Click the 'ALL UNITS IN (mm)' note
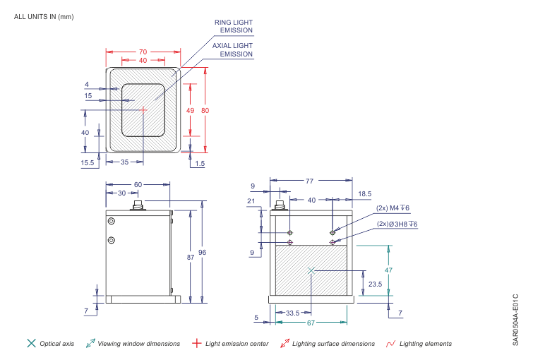[44, 16]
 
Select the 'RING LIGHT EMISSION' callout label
[233, 26]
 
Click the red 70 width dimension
[143, 52]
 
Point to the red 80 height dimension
[205, 110]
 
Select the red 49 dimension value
[190, 111]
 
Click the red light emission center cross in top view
[143, 109]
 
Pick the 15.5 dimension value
[88, 162]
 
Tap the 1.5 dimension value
[200, 163]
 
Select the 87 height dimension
[190, 258]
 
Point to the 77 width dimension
[309, 181]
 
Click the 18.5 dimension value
[364, 193]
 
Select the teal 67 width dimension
[310, 323]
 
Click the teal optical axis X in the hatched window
[311, 270]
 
